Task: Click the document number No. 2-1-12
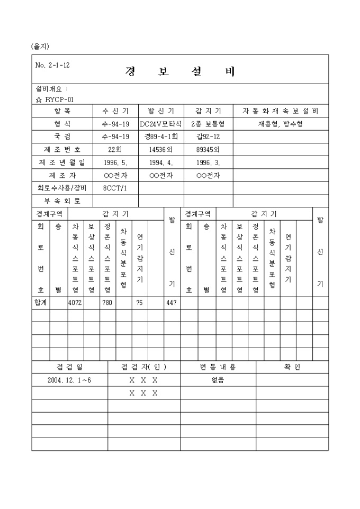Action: [52, 66]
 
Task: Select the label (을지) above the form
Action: [40, 47]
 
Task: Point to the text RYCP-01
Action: [59, 99]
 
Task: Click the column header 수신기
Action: [115, 111]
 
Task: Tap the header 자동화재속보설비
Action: [280, 111]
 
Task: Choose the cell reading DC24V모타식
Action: [161, 124]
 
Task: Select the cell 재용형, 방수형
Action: [280, 124]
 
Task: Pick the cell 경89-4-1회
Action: [161, 137]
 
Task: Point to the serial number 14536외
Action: [161, 150]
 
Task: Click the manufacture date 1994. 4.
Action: [161, 162]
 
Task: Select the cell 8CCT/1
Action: [115, 188]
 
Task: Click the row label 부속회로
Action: [62, 201]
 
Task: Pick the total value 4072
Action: [75, 303]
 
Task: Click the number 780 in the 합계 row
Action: [107, 303]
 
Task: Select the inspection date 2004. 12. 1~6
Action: [69, 380]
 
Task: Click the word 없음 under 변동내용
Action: [218, 380]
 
